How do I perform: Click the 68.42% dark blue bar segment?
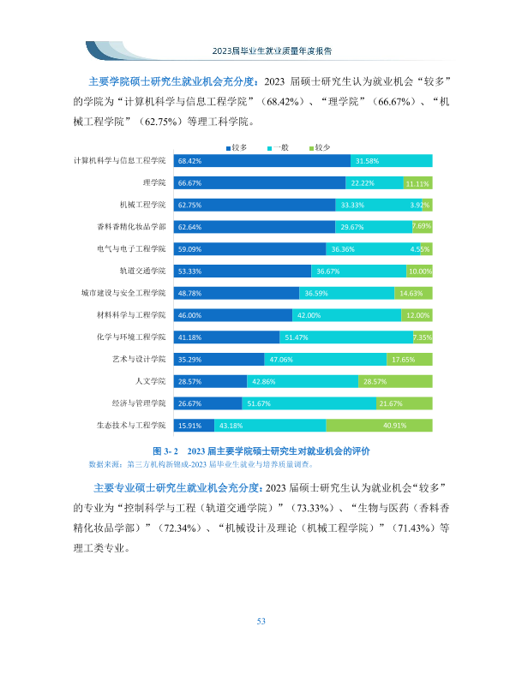tap(261, 161)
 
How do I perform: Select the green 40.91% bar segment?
tap(379, 426)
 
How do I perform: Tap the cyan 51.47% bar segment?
tap(346, 337)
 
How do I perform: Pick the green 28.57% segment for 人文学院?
tap(395, 381)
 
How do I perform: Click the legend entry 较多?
tap(237, 147)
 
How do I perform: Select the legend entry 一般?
tap(279, 147)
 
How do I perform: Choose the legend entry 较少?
tap(320, 147)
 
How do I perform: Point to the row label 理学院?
tap(154, 182)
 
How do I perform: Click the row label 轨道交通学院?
tap(142, 271)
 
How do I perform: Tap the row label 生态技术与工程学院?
tap(131, 426)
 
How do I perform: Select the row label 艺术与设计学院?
tap(139, 359)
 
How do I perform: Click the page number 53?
tap(261, 622)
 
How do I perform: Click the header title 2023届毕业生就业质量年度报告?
tap(272, 51)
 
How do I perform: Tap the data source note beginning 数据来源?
tap(201, 464)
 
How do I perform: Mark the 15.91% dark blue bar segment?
tap(194, 426)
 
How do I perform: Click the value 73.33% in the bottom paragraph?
tap(313, 508)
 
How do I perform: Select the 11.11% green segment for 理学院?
tap(417, 182)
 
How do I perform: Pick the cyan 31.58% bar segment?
tap(392, 161)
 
